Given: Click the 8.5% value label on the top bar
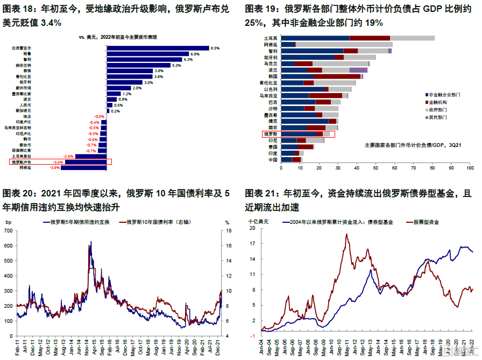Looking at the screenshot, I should point(215,48).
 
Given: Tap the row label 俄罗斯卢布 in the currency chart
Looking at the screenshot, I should point(22,161).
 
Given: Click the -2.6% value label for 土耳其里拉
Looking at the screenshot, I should point(68,156).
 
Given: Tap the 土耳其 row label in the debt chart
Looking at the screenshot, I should point(271,38).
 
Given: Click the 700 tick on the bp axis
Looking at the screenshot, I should point(8,231).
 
